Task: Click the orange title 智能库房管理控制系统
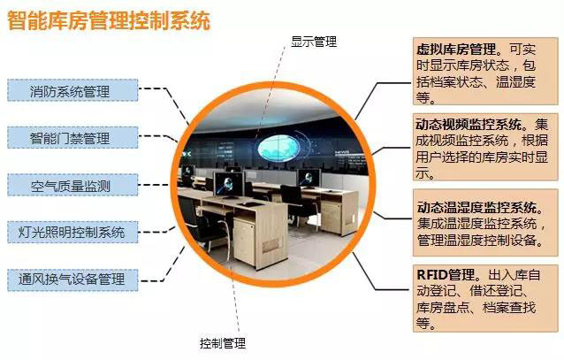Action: [109, 20]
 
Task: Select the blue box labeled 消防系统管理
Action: [72, 90]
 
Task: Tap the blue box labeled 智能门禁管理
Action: [72, 137]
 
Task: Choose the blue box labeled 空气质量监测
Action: [72, 185]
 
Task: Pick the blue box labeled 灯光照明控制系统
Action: [72, 233]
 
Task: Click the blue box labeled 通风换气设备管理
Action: [72, 280]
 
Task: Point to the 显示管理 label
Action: [314, 42]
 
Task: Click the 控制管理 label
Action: [223, 343]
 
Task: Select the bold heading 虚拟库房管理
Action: [457, 49]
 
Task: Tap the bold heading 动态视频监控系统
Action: [469, 125]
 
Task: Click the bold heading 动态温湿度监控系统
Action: [477, 207]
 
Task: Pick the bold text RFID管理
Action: [446, 275]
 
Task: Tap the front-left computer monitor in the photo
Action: [229, 184]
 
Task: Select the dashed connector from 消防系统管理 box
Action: [164, 103]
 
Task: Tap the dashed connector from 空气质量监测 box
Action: [154, 185]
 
